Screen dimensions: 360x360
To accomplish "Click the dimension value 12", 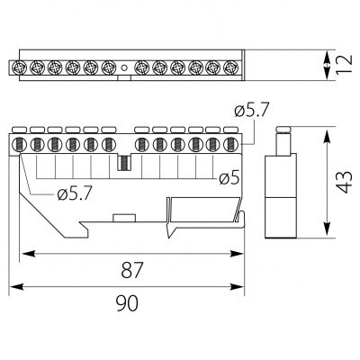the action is (x=344, y=65).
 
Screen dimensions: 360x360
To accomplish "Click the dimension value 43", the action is (x=343, y=182).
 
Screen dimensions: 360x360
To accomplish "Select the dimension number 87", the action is (x=132, y=269).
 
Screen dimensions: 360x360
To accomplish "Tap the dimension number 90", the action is (x=127, y=302).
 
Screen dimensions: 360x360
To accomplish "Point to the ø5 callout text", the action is (x=229, y=178).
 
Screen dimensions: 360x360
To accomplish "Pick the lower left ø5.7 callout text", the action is (x=75, y=194).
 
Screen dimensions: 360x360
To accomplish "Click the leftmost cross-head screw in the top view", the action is (x=20, y=67).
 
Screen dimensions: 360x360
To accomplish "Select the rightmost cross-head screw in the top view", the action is (x=230, y=67).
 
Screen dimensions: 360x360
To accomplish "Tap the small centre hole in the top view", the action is (x=124, y=67).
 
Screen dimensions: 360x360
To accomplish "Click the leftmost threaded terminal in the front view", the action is (x=18, y=145).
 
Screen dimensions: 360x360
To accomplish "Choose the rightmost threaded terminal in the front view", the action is (x=230, y=145).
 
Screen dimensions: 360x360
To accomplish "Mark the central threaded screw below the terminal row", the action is (x=123, y=163).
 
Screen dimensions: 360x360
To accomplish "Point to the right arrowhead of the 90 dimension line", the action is (x=237, y=287).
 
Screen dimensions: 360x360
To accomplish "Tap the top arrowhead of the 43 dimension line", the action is (x=328, y=135).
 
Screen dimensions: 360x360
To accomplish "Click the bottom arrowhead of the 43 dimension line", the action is (x=328, y=229).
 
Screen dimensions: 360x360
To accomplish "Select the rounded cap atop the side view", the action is (x=283, y=130).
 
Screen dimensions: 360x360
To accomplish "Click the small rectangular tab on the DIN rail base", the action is (x=124, y=218).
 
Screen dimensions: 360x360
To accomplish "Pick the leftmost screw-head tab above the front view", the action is (x=20, y=130).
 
